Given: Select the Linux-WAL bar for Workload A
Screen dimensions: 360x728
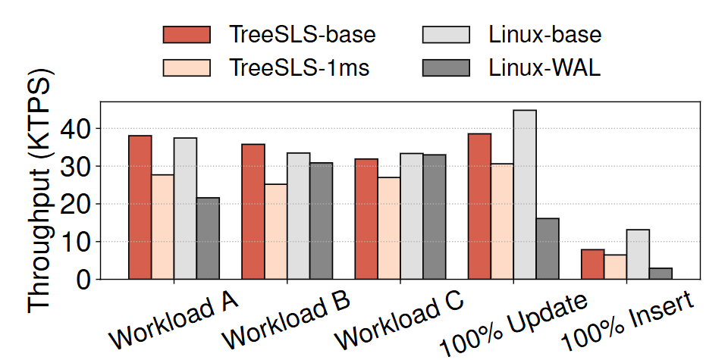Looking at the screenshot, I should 209,238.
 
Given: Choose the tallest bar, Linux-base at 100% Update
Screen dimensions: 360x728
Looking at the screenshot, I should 525,195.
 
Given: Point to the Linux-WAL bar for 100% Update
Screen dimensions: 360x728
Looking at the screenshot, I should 548,249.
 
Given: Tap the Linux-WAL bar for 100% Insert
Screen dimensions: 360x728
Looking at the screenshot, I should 661,273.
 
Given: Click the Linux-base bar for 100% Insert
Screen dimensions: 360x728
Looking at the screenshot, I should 638,254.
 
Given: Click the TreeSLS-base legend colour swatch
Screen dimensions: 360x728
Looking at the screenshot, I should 186,35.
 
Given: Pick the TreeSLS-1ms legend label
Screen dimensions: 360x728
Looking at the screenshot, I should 300,67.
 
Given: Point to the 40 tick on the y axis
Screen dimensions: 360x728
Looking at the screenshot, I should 77,129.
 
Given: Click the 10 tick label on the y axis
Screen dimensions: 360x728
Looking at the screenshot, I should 77,242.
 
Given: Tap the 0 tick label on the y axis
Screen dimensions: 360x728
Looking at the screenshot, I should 84,280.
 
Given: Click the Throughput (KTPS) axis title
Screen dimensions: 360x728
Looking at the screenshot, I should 42,193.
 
